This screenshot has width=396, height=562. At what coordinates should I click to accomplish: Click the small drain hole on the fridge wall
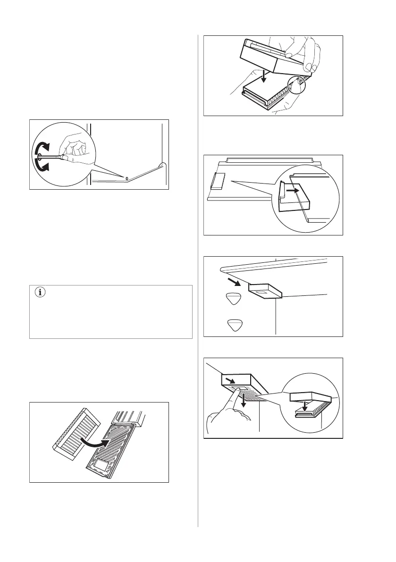click(x=126, y=178)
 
